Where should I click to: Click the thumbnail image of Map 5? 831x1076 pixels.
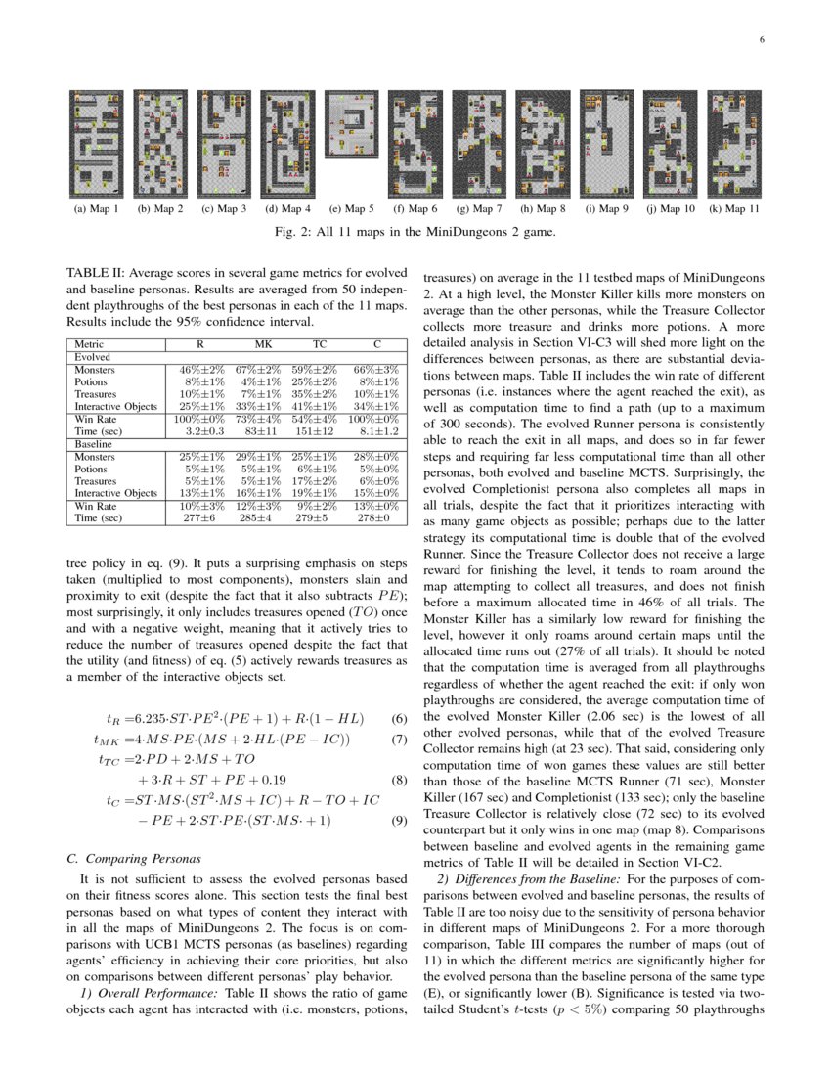[x=351, y=118]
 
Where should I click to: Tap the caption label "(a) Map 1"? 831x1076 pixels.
[x=96, y=208]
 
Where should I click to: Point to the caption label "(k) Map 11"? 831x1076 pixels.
[x=735, y=208]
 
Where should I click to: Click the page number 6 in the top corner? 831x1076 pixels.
[x=760, y=40]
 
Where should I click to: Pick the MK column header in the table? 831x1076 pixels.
[x=263, y=344]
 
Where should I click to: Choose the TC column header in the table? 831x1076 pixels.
[x=320, y=344]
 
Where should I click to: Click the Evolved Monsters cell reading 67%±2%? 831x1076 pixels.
[x=263, y=370]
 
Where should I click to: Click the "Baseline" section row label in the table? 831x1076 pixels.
[x=91, y=444]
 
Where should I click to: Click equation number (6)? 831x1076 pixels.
[x=398, y=718]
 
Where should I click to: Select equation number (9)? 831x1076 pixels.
[x=398, y=822]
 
